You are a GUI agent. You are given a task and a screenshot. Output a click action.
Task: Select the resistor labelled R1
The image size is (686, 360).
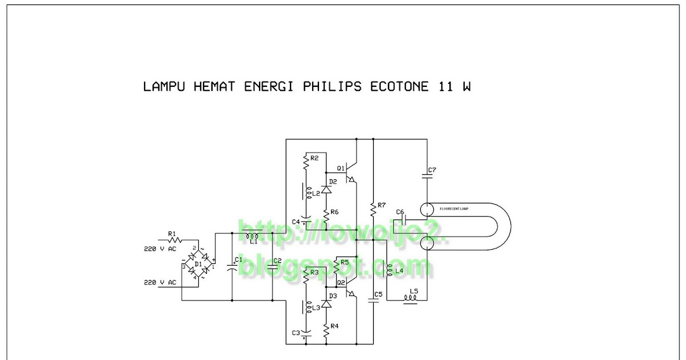click(x=172, y=241)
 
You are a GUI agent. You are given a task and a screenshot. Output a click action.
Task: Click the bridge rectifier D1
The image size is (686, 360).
click(x=198, y=265)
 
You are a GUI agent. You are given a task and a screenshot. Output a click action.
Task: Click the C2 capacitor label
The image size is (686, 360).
click(x=278, y=261)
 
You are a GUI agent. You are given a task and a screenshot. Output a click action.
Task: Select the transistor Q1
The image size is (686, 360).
click(x=350, y=171)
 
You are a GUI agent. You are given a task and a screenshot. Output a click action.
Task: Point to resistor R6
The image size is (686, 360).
click(x=326, y=216)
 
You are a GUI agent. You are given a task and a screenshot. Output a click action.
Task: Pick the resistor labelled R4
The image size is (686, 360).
click(x=326, y=330)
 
